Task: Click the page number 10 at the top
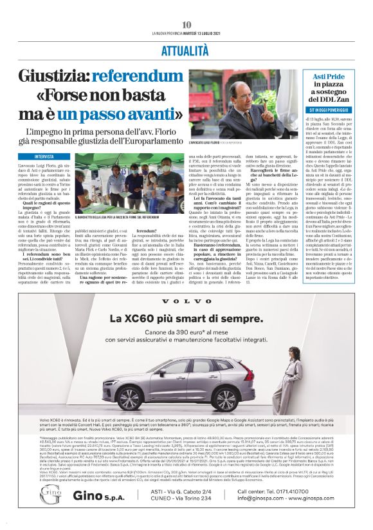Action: pos(186,24)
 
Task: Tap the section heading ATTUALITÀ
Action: pos(186,49)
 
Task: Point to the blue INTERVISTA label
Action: pos(44,156)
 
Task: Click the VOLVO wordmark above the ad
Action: pos(186,301)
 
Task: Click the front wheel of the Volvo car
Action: pos(112,398)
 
